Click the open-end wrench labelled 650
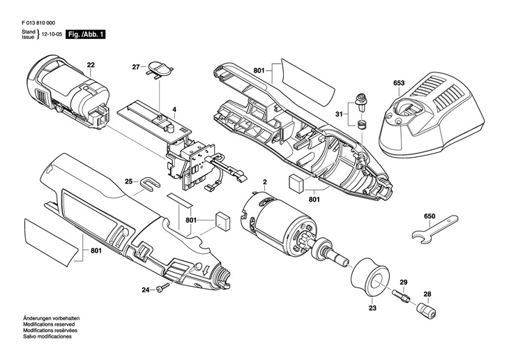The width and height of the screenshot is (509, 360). (435, 229)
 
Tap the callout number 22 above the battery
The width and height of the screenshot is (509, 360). (91, 65)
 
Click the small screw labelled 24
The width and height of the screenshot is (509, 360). (163, 287)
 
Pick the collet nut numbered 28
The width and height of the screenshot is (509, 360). (427, 310)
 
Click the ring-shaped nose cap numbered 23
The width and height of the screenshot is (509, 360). (370, 278)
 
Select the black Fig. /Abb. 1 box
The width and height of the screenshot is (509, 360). (86, 34)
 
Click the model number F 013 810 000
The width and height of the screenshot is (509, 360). (38, 23)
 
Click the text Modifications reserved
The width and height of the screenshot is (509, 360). (49, 324)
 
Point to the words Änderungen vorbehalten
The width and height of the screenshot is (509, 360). (52, 318)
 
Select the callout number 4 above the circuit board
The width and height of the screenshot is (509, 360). (174, 110)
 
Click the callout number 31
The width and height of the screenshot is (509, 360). (339, 114)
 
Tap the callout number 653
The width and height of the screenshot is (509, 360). (399, 83)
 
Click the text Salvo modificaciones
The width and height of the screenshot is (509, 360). (47, 336)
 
